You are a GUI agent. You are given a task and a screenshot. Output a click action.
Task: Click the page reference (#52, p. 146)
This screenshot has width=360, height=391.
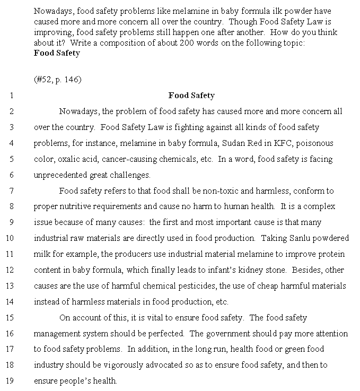point(57,80)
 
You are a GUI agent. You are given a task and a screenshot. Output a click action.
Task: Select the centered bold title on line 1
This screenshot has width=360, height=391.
point(191,95)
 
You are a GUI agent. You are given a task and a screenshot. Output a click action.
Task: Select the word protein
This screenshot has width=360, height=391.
point(332,254)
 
